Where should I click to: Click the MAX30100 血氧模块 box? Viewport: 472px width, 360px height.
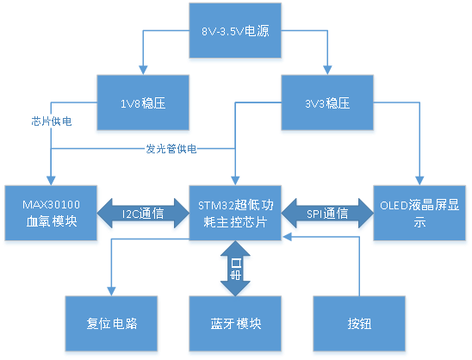click(52, 212)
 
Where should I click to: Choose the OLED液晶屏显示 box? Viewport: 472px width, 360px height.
click(419, 213)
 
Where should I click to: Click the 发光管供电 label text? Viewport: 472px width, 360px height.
click(171, 149)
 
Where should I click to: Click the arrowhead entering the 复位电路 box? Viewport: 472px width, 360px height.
click(112, 291)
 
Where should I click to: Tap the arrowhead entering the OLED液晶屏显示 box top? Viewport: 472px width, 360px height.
click(419, 180)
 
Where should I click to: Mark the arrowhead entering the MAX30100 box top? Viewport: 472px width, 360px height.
click(52, 180)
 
